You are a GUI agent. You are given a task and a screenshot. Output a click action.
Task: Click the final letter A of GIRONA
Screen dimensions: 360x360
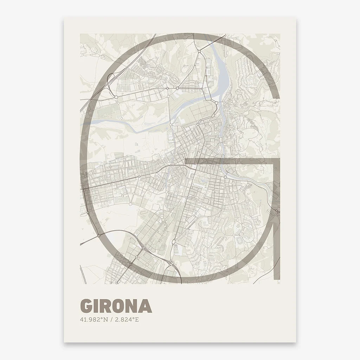tap(146, 306)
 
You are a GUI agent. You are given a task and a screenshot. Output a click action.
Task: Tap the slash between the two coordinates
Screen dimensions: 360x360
tap(111, 320)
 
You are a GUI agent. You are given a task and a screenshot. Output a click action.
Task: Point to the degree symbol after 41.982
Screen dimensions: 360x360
tap(102, 319)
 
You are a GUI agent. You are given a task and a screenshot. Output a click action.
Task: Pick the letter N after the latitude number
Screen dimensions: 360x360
tap(105, 320)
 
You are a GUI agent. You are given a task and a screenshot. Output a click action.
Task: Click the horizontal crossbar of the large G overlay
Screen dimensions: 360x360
tap(229, 161)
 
